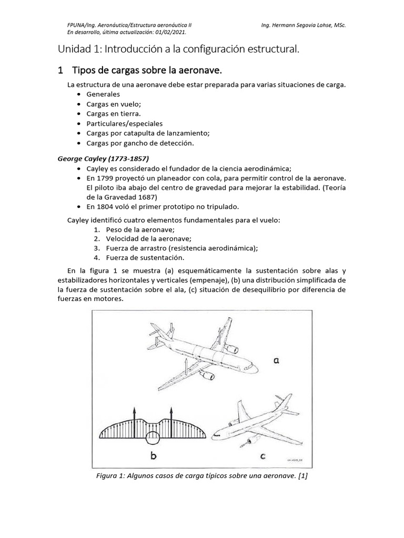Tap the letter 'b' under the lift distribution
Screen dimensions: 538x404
[154, 456]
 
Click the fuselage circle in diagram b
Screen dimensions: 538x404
[153, 438]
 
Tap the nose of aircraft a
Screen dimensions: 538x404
[257, 367]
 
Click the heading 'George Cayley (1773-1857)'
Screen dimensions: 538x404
[105, 158]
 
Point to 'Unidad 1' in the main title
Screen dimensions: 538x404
[79, 49]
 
